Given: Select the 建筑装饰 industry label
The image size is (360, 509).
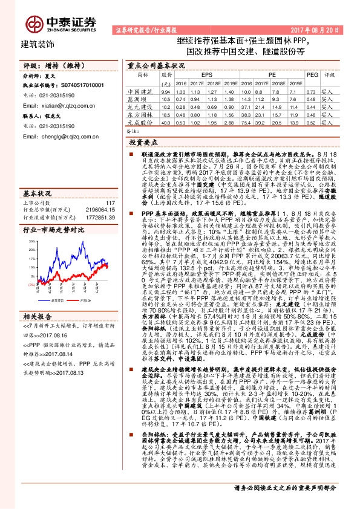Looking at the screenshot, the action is tap(38, 45).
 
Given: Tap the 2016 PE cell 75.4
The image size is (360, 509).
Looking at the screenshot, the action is tap(244, 122).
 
